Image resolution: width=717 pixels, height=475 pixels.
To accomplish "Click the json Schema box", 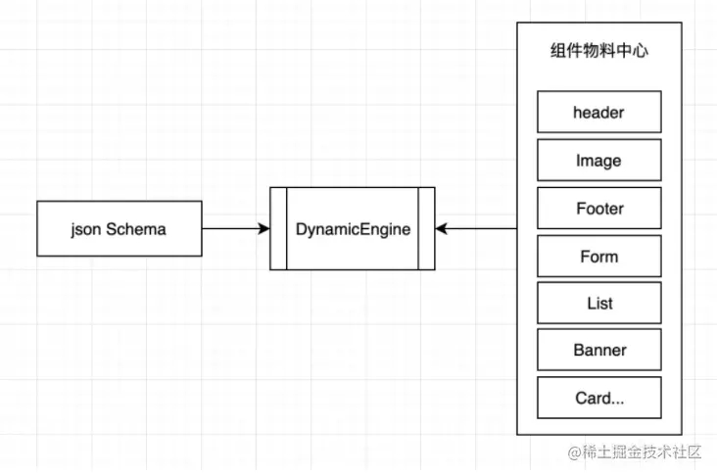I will click(119, 229).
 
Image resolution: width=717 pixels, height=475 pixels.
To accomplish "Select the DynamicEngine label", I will click(353, 229).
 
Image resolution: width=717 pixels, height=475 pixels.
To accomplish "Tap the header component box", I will click(598, 112).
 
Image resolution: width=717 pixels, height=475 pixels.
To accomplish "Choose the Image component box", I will click(598, 160).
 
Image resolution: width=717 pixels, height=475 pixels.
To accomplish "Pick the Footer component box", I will click(598, 208).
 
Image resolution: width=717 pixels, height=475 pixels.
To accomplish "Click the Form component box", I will click(598, 256).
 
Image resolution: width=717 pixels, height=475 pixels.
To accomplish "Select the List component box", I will click(598, 303).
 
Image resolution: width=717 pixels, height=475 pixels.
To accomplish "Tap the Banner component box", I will click(598, 350).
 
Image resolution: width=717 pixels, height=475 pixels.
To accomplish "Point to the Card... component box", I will click(598, 398).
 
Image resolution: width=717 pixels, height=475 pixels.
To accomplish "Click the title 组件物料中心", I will click(598, 52).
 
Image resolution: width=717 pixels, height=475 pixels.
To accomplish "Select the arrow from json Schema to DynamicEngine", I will click(235, 229).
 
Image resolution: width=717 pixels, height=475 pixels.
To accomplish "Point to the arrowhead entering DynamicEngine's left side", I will click(263, 229).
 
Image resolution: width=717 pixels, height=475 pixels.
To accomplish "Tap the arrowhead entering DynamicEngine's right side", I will click(442, 229).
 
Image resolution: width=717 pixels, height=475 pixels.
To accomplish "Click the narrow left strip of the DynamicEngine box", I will click(278, 229).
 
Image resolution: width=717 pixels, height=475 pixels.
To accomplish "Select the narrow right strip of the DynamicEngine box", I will click(426, 229).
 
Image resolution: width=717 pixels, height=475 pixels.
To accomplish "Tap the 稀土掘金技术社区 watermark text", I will click(644, 451).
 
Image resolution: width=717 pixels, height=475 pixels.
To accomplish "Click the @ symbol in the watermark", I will click(575, 452).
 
